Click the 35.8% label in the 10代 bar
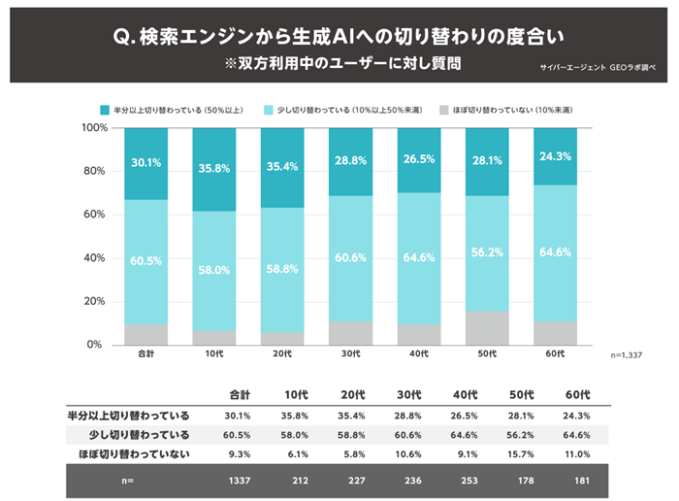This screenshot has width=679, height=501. pos(214,167)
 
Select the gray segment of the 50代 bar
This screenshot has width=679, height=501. pos(488,327)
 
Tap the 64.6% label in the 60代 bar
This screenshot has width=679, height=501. pos(556,252)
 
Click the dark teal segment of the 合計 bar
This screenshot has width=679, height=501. pos(146,163)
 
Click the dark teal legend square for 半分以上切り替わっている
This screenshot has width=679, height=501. pos(105,110)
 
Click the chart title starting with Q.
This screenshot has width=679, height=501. pos(339,36)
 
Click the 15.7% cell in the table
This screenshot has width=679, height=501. pos(523,453)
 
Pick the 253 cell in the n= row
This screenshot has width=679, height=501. pos(468,479)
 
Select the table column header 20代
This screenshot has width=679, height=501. pos(353,395)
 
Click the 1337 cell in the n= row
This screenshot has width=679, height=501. pos(241,479)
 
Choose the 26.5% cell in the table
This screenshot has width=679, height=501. pos(467,416)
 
